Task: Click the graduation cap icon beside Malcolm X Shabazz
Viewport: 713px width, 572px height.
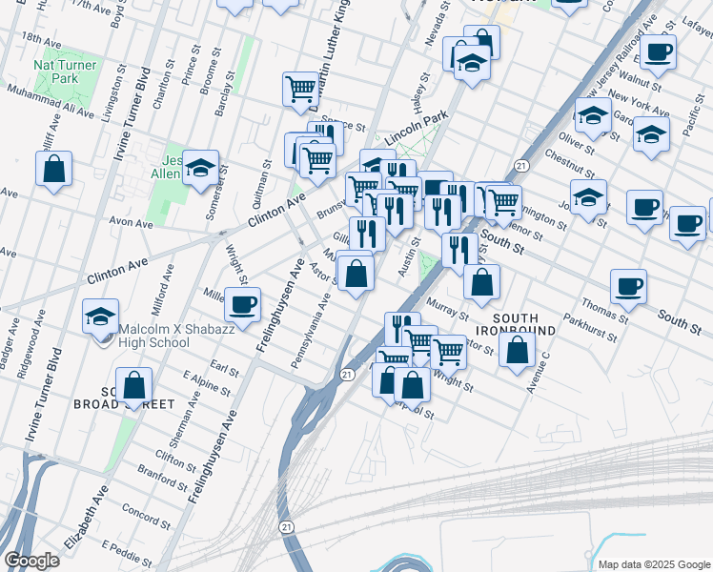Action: (100, 318)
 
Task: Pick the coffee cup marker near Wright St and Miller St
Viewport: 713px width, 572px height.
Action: (241, 305)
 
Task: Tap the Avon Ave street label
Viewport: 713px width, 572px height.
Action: (132, 224)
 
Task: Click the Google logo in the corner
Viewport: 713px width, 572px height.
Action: (31, 561)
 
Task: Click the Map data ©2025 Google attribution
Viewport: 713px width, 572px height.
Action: (653, 564)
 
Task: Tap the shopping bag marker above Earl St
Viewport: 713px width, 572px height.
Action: (135, 385)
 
